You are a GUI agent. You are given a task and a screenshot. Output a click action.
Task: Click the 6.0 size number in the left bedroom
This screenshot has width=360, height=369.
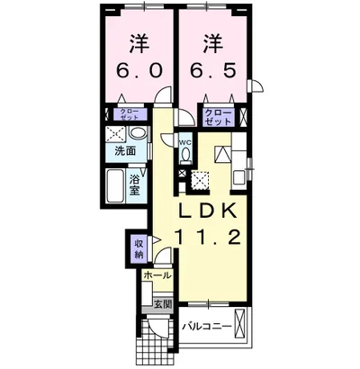click(x=139, y=71)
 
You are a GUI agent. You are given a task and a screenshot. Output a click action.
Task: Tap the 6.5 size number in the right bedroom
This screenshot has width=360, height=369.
click(x=213, y=71)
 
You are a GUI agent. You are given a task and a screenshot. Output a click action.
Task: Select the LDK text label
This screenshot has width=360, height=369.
click(x=208, y=211)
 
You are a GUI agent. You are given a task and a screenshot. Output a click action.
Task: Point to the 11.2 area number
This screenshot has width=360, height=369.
click(x=208, y=237)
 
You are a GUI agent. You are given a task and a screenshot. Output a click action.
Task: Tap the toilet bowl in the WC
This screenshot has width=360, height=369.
click(x=185, y=156)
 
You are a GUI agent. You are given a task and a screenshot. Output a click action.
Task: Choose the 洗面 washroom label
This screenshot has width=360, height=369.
click(x=126, y=151)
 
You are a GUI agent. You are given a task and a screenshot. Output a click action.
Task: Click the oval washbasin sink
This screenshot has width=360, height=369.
click(x=137, y=133)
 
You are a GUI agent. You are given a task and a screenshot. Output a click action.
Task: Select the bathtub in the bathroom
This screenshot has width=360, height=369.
click(x=115, y=185)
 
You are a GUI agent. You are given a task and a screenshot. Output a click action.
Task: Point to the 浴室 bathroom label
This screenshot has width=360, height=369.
click(x=135, y=185)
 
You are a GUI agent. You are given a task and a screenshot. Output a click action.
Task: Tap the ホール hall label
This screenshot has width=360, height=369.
click(x=157, y=275)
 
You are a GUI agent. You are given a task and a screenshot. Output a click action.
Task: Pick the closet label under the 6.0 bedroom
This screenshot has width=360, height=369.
click(x=130, y=114)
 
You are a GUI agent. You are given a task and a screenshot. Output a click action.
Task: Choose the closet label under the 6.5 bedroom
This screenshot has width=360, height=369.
click(x=219, y=117)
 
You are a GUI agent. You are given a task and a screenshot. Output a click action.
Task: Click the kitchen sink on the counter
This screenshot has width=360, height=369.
click(x=239, y=177)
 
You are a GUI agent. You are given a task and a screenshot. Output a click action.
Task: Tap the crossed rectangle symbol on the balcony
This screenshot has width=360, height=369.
click(x=240, y=323)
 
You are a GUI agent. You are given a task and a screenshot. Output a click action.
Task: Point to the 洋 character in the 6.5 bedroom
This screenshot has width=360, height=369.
click(x=213, y=44)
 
